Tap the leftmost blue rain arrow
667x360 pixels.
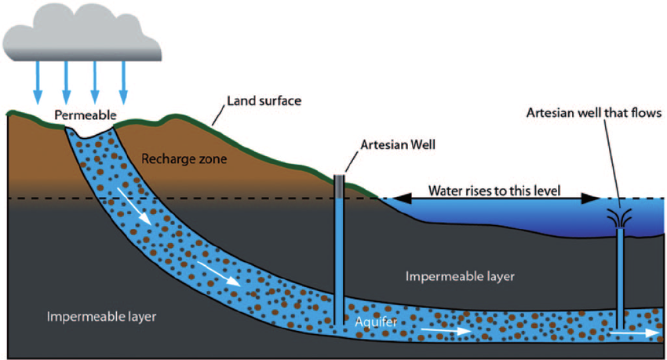(x=38, y=82)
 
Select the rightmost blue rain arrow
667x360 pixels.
(x=123, y=82)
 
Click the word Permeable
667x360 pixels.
(x=85, y=115)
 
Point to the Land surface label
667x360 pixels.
(x=264, y=100)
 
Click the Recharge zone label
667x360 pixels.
(x=184, y=159)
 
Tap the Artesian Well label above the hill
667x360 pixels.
(x=398, y=145)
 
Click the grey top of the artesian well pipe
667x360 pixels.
(x=339, y=186)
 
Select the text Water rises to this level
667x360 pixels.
(x=494, y=191)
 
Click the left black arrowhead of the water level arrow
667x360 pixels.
(x=401, y=198)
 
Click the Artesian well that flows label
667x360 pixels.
(x=594, y=113)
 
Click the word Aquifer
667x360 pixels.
(x=376, y=322)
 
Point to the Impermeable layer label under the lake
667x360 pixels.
(x=460, y=277)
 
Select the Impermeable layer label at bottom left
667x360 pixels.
(x=101, y=317)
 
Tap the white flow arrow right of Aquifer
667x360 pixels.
(x=446, y=331)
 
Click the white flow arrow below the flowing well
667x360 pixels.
(x=635, y=333)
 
